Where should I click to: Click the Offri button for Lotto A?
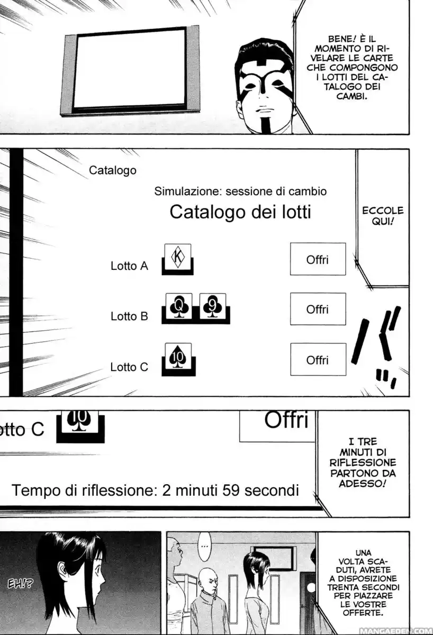[318, 259]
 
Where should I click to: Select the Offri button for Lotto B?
[318, 309]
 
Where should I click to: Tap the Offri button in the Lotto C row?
[318, 360]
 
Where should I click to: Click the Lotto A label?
[129, 266]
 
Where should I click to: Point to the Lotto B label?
[129, 316]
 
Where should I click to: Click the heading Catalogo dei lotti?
[240, 212]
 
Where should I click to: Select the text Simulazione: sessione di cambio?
[240, 191]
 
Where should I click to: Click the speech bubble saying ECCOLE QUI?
[383, 216]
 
